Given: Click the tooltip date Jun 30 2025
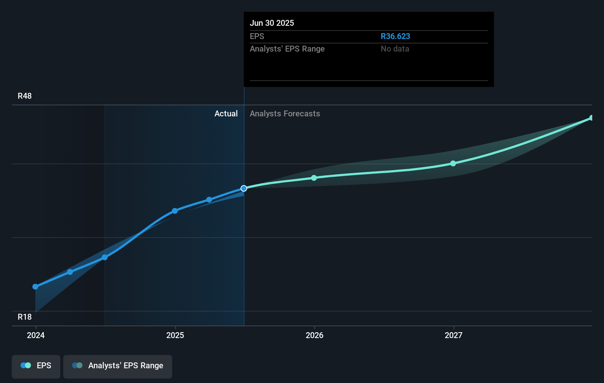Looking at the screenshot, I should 272,23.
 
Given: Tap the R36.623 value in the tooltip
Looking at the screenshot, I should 395,36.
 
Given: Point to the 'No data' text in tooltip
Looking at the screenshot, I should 395,49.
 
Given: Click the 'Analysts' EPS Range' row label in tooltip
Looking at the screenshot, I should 287,49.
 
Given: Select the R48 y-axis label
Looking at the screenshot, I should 25,96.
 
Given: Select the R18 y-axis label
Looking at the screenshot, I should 25,317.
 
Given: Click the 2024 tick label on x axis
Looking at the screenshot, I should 36,335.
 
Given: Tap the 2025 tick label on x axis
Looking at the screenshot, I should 175,335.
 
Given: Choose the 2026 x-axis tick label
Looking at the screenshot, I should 315,335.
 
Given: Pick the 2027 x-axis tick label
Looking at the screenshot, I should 453,335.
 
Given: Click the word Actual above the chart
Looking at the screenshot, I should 226,113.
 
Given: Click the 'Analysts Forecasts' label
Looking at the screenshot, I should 285,113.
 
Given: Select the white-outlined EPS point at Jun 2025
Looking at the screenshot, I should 244,188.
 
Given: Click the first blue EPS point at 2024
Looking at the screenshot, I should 35,287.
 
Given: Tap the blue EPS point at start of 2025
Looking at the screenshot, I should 175,211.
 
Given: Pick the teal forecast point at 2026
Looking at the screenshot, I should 314,178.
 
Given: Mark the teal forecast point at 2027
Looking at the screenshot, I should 453,164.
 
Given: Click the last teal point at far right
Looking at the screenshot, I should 591,118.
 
